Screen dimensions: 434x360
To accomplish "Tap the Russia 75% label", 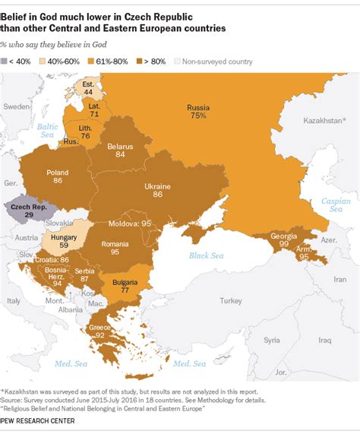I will [197, 112].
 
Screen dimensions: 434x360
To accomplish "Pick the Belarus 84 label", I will [115, 148].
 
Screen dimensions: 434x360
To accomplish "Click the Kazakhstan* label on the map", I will [322, 119].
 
